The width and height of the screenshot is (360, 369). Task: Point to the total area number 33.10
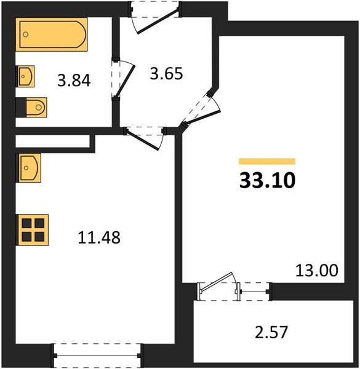[x=268, y=181]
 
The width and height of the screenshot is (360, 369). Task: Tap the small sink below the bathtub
[x=26, y=77]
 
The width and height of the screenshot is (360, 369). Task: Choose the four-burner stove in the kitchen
[x=33, y=229]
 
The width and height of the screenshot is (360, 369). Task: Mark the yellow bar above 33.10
[x=266, y=161]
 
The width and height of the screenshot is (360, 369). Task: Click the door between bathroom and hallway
[x=124, y=78]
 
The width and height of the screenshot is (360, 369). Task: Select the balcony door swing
[x=218, y=284]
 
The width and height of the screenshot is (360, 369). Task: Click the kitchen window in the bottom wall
[x=97, y=355]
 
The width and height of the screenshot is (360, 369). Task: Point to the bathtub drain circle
[x=25, y=36]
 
